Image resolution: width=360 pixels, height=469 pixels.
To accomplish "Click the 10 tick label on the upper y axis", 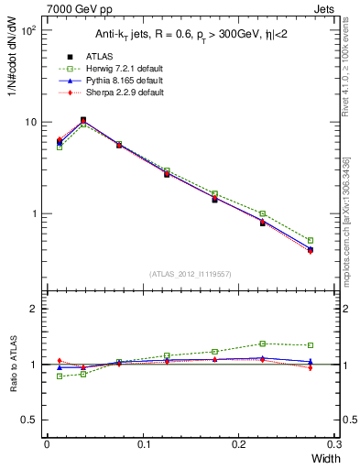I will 30,122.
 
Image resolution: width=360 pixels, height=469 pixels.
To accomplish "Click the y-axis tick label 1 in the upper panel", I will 33,213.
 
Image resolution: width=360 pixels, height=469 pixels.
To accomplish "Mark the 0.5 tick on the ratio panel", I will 28,420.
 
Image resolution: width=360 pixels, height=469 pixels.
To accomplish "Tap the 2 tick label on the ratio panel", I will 33,309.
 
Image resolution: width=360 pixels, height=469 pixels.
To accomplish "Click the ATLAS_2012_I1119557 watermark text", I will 190,274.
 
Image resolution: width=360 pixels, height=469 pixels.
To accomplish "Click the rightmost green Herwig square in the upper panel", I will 311,240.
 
